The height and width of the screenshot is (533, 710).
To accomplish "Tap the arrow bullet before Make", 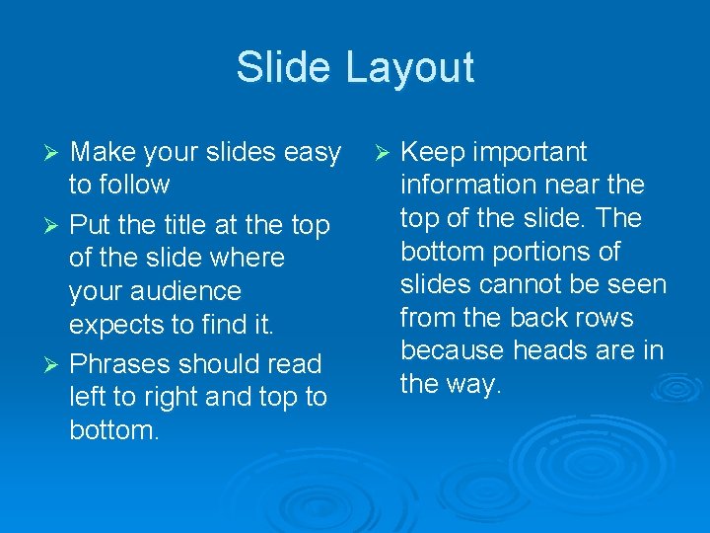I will coord(55,153).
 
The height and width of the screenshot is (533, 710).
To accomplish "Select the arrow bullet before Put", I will coord(55,226).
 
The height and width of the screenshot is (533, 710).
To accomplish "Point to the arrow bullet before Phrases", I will coord(55,364).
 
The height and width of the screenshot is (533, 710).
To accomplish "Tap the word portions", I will coord(541,252).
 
